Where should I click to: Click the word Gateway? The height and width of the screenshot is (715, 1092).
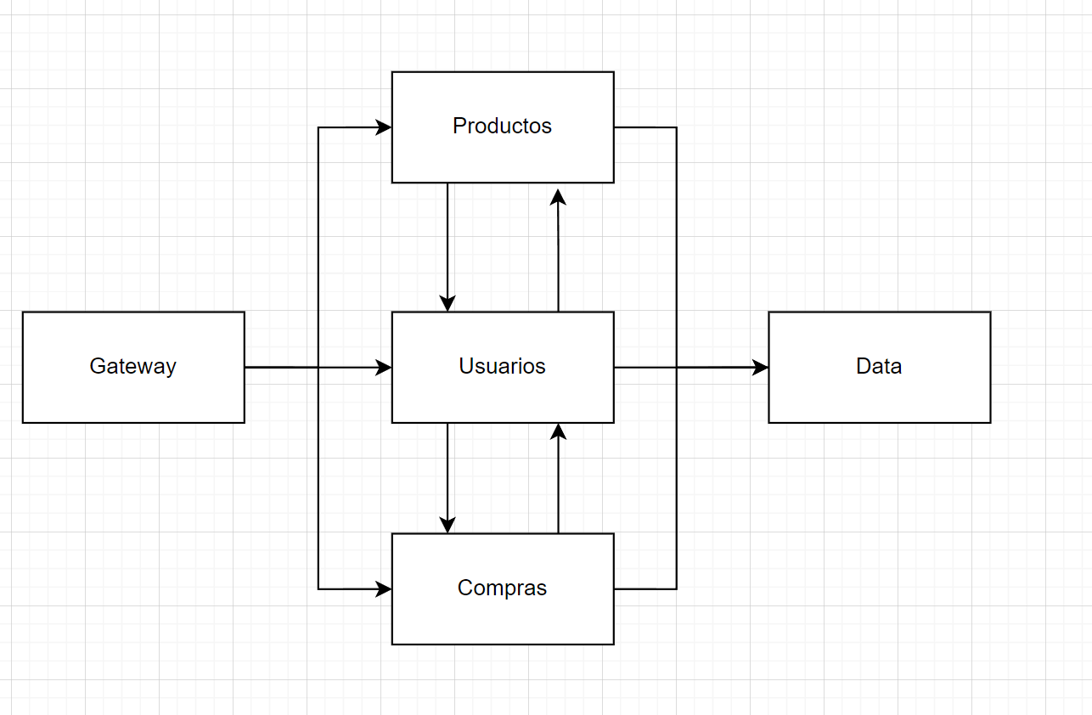[132, 367]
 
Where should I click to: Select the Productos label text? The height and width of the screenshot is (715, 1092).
[502, 127]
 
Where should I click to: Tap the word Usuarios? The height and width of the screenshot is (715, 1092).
[502, 367]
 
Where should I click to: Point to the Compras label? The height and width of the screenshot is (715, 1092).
[502, 588]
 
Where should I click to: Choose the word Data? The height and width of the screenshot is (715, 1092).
[879, 367]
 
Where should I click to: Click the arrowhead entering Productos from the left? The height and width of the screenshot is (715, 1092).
[384, 127]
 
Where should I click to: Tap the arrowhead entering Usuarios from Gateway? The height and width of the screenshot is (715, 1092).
[384, 368]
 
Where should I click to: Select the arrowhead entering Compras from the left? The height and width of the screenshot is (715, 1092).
[384, 588]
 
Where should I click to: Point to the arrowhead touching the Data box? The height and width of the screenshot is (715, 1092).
[760, 368]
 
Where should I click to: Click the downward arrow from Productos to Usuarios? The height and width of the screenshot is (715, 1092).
[447, 246]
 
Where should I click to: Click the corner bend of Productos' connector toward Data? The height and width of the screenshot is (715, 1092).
[676, 127]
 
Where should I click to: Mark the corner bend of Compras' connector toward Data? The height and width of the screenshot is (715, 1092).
[676, 588]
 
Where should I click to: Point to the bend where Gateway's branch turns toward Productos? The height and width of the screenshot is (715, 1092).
[318, 127]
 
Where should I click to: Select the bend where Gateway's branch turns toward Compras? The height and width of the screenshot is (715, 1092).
[318, 588]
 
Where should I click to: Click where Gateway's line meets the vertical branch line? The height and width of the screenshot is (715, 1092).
[318, 368]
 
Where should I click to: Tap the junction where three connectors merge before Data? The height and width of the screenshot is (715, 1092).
[676, 368]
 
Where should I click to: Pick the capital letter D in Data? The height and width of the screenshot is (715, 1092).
[863, 367]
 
